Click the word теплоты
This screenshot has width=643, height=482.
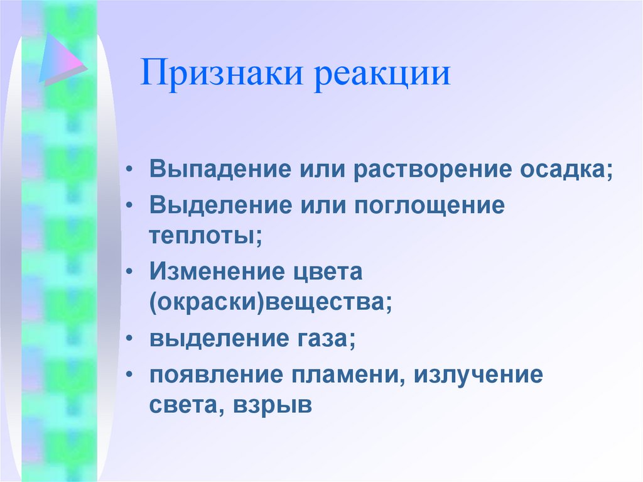(205, 237)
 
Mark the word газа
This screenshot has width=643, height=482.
(324, 341)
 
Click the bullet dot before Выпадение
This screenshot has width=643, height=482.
(129, 172)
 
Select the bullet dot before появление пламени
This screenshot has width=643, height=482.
(129, 375)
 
